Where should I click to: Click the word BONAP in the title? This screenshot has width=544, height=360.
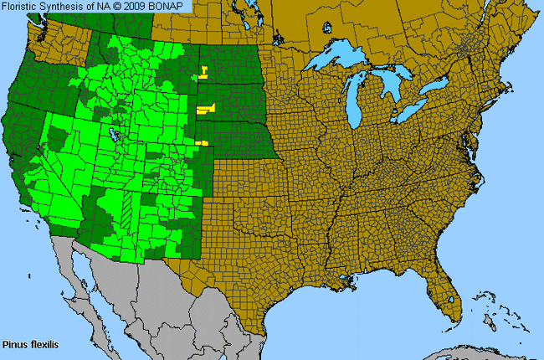click(x=171, y=7)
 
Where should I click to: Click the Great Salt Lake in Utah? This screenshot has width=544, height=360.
click(x=110, y=133)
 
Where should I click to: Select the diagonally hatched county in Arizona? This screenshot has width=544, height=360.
click(x=126, y=206)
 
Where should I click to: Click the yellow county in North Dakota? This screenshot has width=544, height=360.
click(x=203, y=70)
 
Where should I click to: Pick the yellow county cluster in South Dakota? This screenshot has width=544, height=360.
click(x=205, y=108)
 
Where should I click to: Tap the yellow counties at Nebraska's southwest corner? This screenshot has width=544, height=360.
click(x=201, y=143)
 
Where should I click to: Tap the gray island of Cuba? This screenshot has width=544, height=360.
click(x=469, y=352)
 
